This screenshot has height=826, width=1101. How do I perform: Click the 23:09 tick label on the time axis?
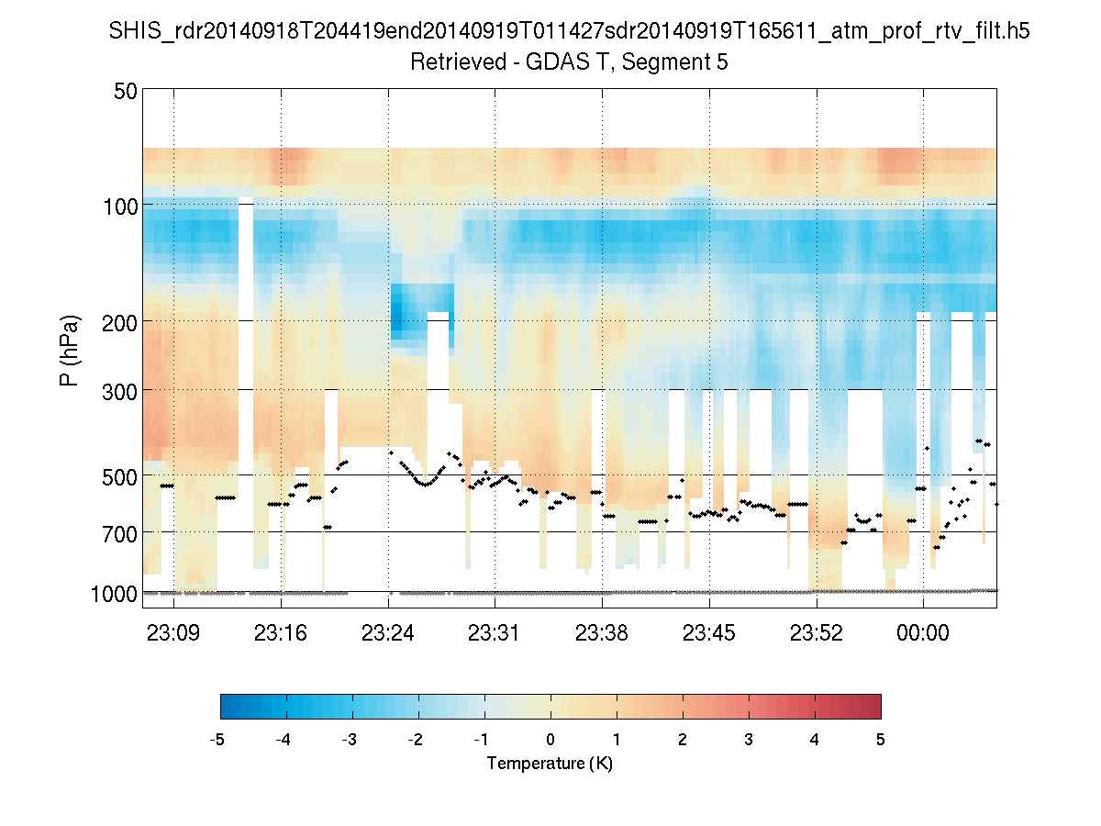point(174,632)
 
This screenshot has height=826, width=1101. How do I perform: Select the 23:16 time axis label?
point(282,632)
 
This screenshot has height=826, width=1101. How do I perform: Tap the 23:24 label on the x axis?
point(388,632)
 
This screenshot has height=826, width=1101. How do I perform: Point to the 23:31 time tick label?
point(495,632)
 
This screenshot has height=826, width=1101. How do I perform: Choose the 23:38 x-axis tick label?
point(602,632)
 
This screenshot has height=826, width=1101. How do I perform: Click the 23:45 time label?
point(709,632)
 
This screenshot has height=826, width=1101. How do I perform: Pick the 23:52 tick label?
point(817,632)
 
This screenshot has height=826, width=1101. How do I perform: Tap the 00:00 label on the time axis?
point(923,632)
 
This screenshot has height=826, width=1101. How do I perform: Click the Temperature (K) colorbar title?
point(550,764)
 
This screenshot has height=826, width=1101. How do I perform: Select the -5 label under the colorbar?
point(217,740)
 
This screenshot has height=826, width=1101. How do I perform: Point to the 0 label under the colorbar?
point(550,740)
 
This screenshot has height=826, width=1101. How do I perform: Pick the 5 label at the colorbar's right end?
point(881,740)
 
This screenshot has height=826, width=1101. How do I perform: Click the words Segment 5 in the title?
point(678,63)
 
